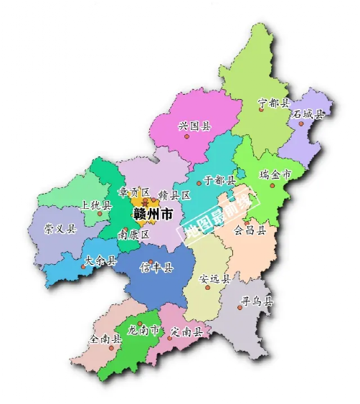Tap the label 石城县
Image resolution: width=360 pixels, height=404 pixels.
(308, 114)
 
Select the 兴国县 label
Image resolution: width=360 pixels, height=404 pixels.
(194, 126)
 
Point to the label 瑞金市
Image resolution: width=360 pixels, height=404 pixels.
(275, 174)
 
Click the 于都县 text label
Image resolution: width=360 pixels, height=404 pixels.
(219, 180)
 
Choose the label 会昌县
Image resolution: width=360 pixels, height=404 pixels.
(251, 231)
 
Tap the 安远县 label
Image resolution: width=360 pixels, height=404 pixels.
(214, 278)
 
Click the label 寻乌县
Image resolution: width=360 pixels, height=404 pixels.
(257, 302)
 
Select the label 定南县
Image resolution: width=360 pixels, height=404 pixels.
(186, 332)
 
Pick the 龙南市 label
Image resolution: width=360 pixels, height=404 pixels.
(143, 331)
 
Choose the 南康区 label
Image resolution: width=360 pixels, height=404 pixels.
(133, 235)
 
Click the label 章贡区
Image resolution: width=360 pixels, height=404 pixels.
(134, 193)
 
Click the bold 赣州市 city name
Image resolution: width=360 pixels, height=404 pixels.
(152, 215)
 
